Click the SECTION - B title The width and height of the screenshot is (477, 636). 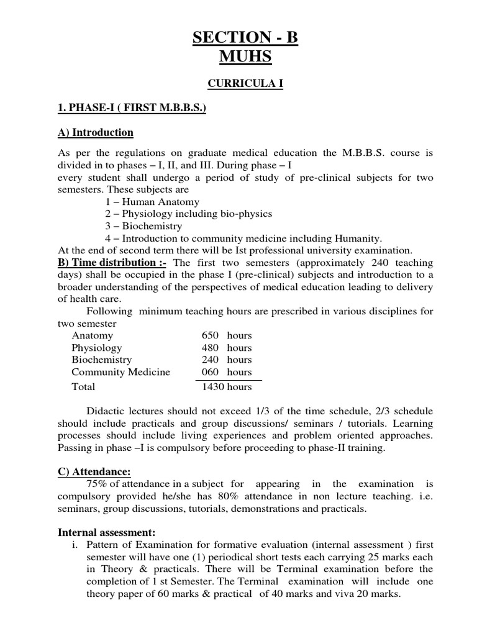(x=245, y=39)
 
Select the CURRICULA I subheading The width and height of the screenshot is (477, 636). (x=245, y=84)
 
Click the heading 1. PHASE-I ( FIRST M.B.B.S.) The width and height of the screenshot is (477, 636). (x=132, y=109)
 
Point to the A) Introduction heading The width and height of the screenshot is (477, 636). (x=96, y=133)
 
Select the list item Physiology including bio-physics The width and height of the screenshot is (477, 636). (x=188, y=214)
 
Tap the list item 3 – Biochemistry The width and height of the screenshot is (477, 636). (x=143, y=226)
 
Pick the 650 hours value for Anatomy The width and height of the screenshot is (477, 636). (x=226, y=335)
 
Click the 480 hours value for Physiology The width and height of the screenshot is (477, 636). (x=226, y=348)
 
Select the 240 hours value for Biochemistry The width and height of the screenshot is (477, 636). (x=226, y=360)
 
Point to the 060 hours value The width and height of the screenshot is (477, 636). (x=226, y=372)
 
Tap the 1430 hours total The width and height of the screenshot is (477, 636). (x=226, y=386)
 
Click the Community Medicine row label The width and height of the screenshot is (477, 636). (x=120, y=372)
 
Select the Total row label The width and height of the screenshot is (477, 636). (x=83, y=386)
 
